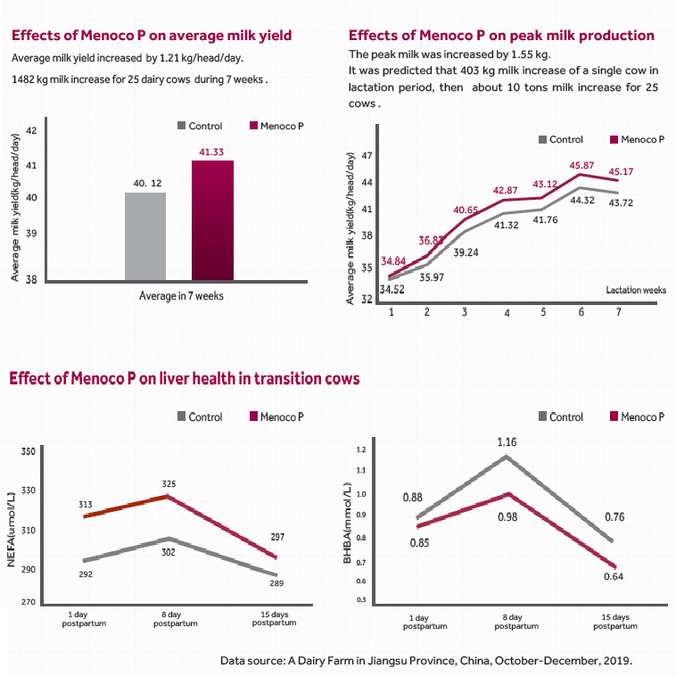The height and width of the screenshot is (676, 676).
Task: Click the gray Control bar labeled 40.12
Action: click(x=145, y=235)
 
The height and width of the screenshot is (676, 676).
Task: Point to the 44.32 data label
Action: click(x=582, y=201)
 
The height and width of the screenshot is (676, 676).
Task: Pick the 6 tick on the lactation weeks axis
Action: click(x=581, y=312)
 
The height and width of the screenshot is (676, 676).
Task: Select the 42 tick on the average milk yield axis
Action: click(x=31, y=131)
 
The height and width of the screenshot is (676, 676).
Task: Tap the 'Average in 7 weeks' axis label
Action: click(x=181, y=296)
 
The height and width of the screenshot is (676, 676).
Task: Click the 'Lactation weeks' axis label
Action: click(x=636, y=290)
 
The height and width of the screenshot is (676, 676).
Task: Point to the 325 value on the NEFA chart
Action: click(x=169, y=484)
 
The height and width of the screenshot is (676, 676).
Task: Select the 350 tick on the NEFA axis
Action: click(x=28, y=453)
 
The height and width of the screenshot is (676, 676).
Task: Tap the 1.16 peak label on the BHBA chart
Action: click(x=507, y=442)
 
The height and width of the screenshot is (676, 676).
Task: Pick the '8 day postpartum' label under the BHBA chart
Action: click(x=507, y=622)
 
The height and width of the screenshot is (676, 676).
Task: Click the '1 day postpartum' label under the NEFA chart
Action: click(x=84, y=619)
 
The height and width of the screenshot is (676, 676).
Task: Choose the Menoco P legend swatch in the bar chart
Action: click(x=252, y=127)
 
